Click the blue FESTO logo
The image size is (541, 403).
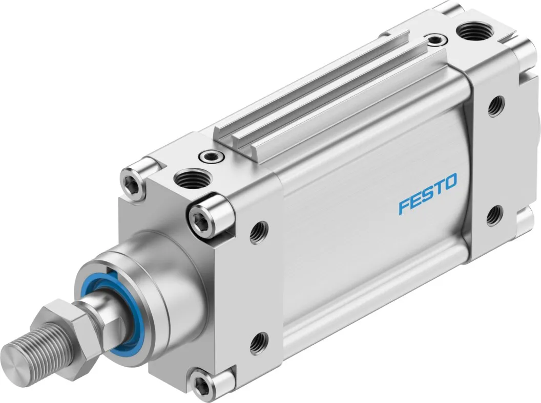point(428,194)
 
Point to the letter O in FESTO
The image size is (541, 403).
point(450,182)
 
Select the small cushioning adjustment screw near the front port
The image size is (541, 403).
point(211,157)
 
